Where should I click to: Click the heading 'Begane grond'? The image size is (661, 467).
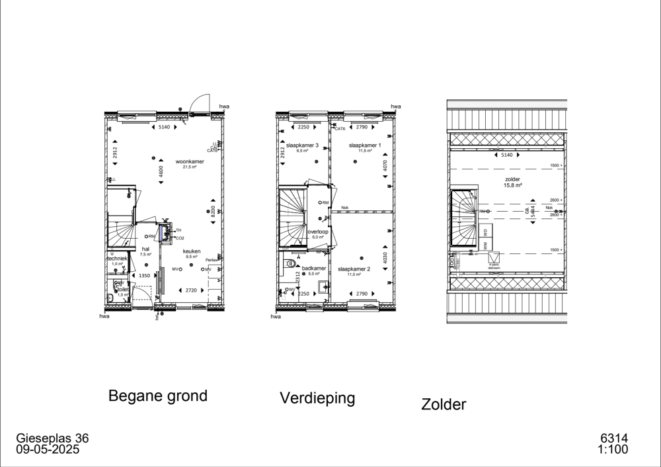157,396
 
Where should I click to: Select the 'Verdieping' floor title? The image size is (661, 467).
317,398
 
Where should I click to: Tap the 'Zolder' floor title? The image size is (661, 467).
444,404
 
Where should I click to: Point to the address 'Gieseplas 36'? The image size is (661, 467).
52,439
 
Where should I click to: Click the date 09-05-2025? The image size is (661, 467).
48,450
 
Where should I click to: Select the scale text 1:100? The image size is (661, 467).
613,450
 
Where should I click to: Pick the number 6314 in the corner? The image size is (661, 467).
613,439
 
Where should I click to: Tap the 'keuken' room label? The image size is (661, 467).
192,251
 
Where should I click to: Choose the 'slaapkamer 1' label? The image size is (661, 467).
365,146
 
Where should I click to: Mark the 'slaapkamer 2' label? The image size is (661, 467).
354,269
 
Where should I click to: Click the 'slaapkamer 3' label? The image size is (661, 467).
302,146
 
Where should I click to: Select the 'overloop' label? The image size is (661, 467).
318,232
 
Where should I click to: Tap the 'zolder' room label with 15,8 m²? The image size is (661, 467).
513,179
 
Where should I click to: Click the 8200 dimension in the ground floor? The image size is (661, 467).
214,213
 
